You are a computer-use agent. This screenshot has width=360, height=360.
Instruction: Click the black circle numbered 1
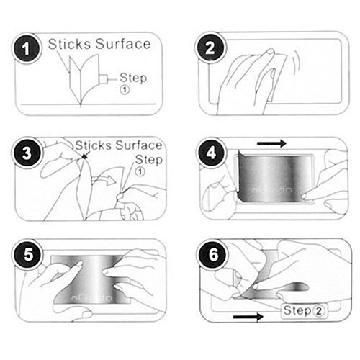(x=26, y=49)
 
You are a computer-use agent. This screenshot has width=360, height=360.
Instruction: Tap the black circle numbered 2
(x=210, y=48)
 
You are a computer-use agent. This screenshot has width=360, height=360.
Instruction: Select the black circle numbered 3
(x=27, y=153)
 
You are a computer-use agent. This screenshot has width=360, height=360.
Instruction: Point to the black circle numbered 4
(x=211, y=153)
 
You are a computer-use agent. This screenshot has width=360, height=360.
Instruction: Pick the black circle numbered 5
(x=28, y=255)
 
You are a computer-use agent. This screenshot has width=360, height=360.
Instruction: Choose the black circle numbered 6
(x=213, y=254)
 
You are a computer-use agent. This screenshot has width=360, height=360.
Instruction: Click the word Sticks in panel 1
(x=70, y=44)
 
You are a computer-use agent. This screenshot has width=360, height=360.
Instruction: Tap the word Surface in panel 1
(x=123, y=44)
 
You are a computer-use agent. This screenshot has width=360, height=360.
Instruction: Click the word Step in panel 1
(x=133, y=78)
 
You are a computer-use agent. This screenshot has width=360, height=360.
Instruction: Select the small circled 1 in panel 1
(x=125, y=90)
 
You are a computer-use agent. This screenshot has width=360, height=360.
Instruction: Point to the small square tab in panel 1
(x=103, y=79)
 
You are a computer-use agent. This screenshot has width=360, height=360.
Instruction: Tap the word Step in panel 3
(x=149, y=160)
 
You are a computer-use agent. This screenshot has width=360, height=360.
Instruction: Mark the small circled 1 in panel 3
(x=140, y=171)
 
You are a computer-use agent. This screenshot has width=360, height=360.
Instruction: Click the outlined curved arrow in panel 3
(x=104, y=180)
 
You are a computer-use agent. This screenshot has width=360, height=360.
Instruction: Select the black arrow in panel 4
(x=271, y=143)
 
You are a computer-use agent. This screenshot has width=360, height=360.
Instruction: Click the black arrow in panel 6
(x=248, y=317)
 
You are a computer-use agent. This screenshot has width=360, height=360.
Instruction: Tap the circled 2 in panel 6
(x=318, y=311)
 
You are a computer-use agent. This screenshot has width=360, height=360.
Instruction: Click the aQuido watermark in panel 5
(x=91, y=298)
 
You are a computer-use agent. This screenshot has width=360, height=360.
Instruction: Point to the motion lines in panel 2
(x=297, y=63)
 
